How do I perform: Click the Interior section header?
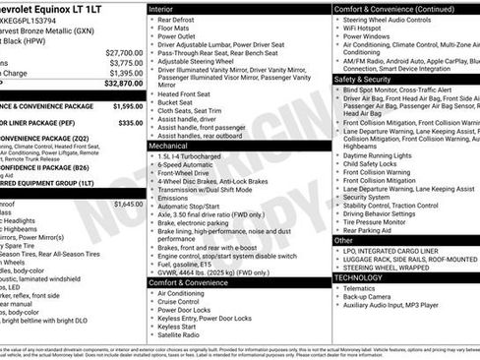(167, 8)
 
